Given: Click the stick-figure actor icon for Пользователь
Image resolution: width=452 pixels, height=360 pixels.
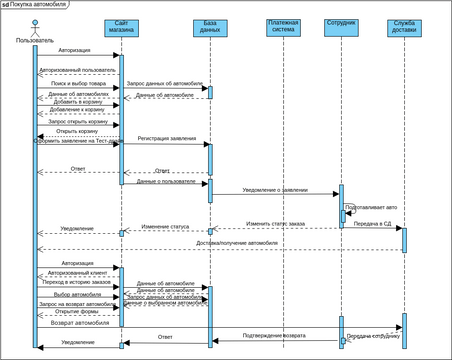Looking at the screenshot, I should point(34,25).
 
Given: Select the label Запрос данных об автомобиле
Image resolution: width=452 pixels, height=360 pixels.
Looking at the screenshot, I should point(165,84).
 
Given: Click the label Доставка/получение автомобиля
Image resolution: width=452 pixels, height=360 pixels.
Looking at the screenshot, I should point(237,243).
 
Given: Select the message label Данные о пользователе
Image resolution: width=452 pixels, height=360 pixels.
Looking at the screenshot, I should point(165,181).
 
